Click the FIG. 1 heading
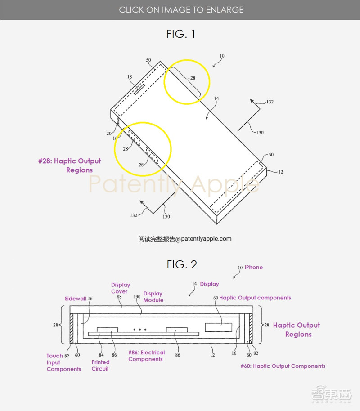181,34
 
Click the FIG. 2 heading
181,264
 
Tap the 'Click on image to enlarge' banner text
181,10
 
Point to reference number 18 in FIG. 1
130,77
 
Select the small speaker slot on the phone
139,89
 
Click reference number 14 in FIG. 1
216,98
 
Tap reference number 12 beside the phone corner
280,172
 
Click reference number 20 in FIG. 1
108,134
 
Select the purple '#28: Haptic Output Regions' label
70,165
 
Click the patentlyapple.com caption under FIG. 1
185,239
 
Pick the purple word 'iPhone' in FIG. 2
254,268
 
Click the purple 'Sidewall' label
75,299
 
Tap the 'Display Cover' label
121,288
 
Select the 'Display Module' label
153,297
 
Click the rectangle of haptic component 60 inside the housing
219,327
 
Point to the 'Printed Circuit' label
100,366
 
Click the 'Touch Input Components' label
64,362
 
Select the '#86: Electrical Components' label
146,356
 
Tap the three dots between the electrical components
140,330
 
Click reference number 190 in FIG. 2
137,297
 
